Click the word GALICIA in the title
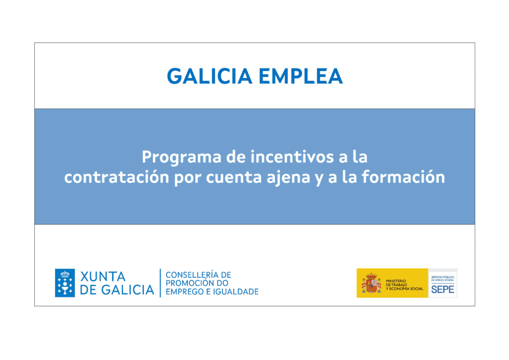tap(210, 76)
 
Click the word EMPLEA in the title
tap(301, 76)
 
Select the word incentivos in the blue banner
tap(292, 157)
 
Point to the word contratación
tap(116, 177)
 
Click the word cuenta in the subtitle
tap(234, 178)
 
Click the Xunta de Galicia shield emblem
tap(65, 283)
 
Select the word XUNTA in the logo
tap(102, 276)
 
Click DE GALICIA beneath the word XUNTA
tap(117, 290)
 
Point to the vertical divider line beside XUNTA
tap(161, 283)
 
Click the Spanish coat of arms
tap(371, 283)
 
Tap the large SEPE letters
tap(442, 289)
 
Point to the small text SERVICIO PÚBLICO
tap(442, 277)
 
